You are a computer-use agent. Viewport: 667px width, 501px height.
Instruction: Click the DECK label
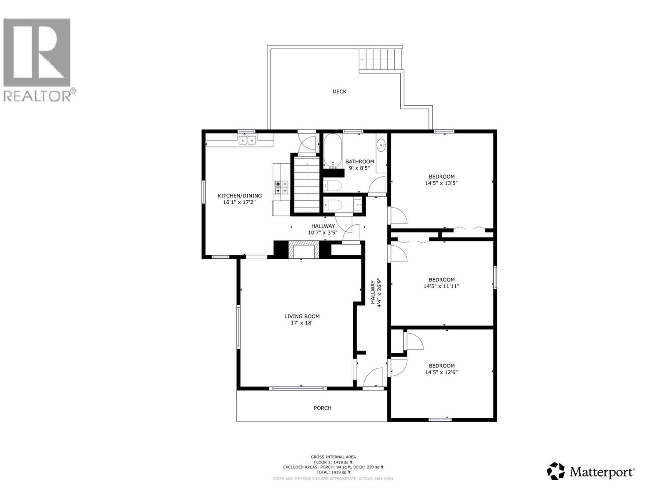coord(339,91)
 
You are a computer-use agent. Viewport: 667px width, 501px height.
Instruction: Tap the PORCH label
coord(323,408)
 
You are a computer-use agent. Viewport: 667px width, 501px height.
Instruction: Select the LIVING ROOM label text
coord(302,316)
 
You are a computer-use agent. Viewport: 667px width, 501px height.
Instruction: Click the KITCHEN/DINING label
coord(240,195)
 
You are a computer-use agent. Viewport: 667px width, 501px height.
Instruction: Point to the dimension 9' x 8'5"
coord(359,168)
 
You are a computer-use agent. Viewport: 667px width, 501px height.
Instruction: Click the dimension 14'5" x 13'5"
coord(441,183)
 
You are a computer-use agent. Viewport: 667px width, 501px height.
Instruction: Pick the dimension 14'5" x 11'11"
coord(441,286)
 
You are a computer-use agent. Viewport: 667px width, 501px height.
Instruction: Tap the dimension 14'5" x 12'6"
coord(441,372)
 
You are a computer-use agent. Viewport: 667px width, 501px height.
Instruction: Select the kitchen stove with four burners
coord(281,187)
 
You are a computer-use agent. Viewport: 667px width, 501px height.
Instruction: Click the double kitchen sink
coord(247,140)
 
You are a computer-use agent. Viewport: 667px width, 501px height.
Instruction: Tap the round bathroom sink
coord(381,146)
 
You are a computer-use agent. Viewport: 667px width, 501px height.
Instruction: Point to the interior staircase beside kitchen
coord(306,186)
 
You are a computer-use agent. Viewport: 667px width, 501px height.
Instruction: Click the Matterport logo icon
coord(556,471)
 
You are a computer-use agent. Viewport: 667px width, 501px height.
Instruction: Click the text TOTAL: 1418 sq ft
coord(333,472)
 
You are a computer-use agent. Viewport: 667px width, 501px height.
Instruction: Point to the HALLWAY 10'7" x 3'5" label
coord(323,230)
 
